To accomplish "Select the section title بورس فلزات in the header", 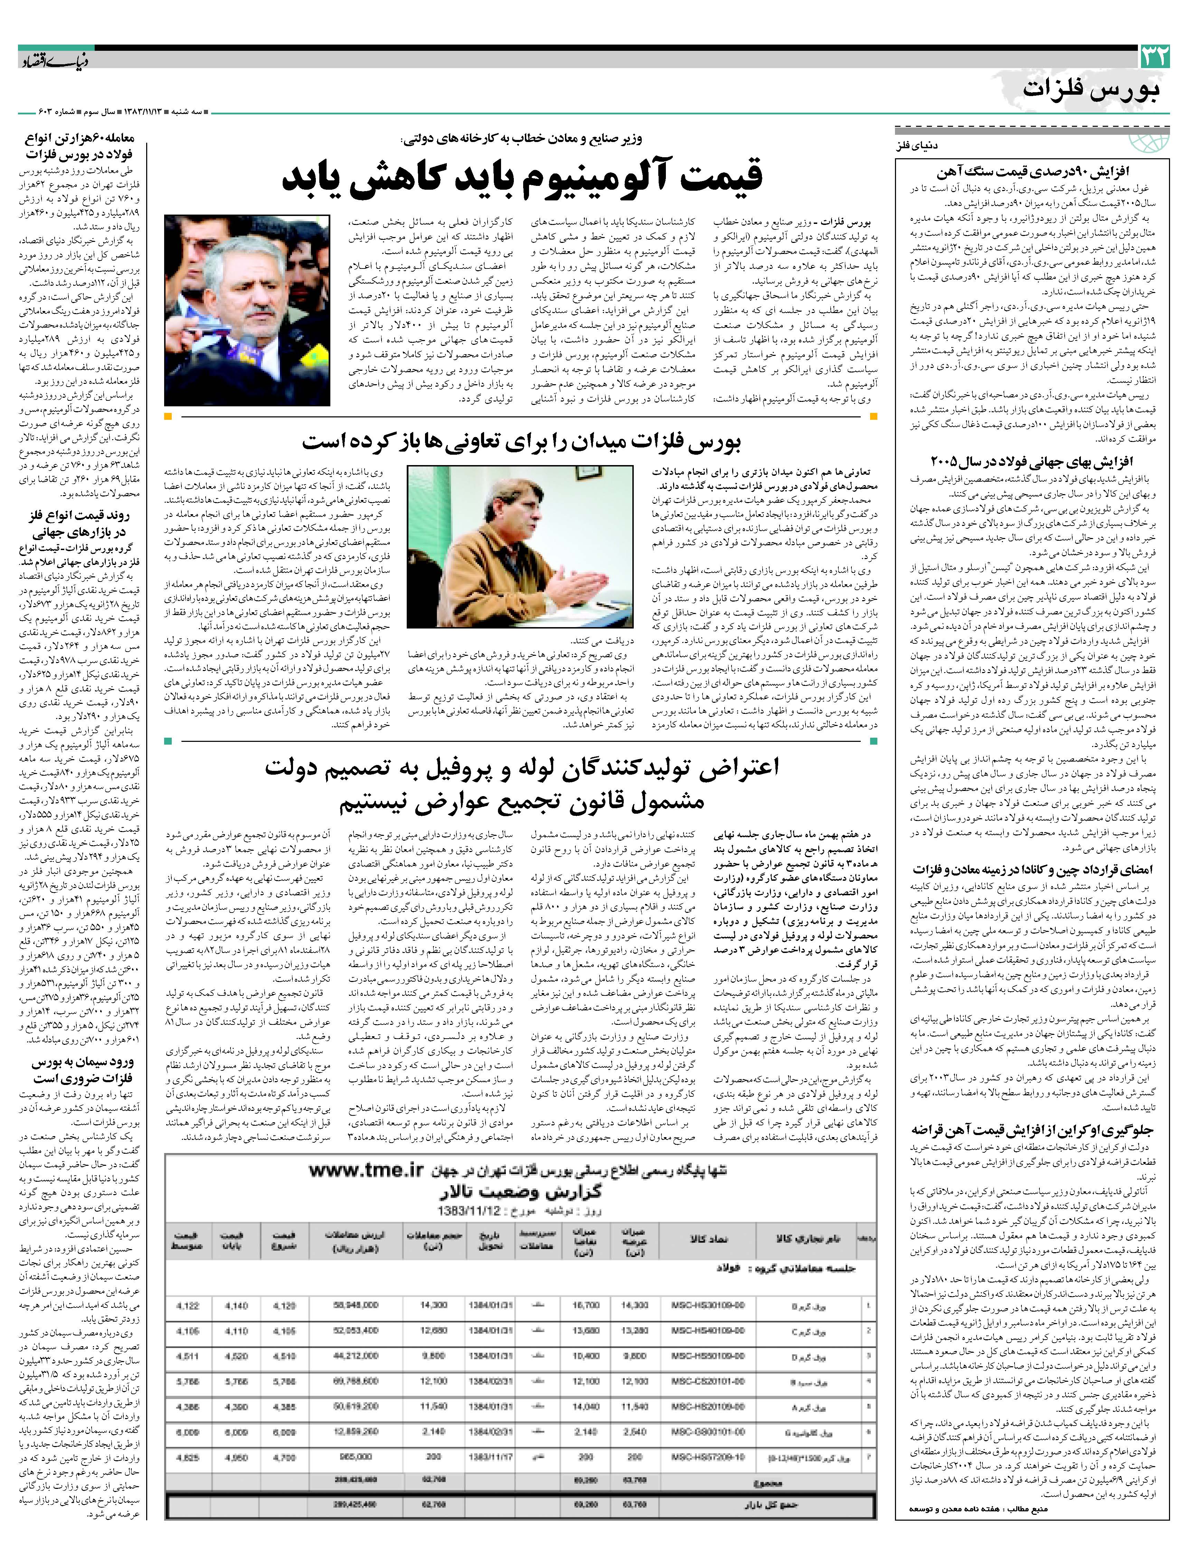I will click(1092, 91).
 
